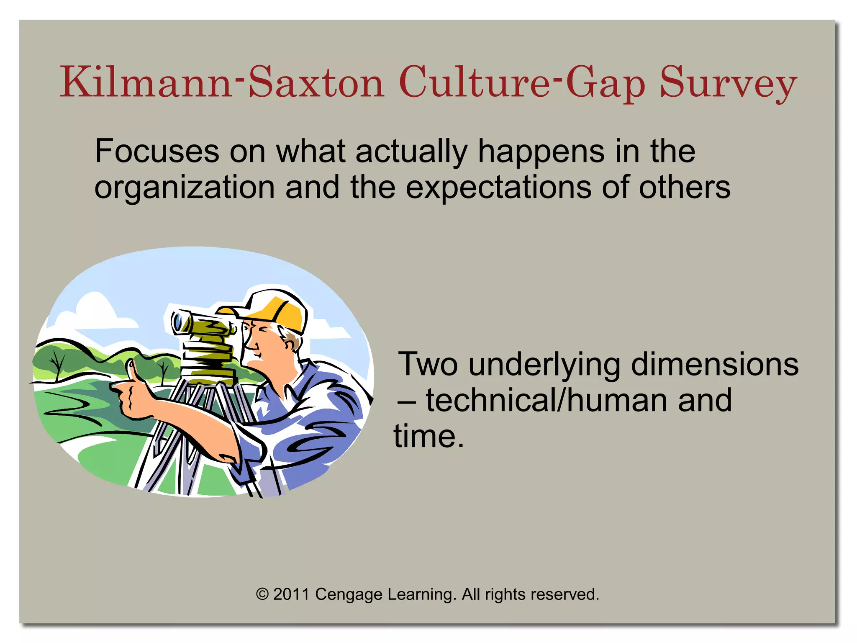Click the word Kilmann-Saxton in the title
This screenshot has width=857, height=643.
(x=222, y=82)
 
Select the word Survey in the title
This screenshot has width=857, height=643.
(x=728, y=84)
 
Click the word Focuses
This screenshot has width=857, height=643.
(x=157, y=151)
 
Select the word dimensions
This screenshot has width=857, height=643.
(x=714, y=364)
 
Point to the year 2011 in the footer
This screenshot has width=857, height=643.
(x=291, y=594)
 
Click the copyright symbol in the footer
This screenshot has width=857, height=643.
(x=262, y=594)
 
